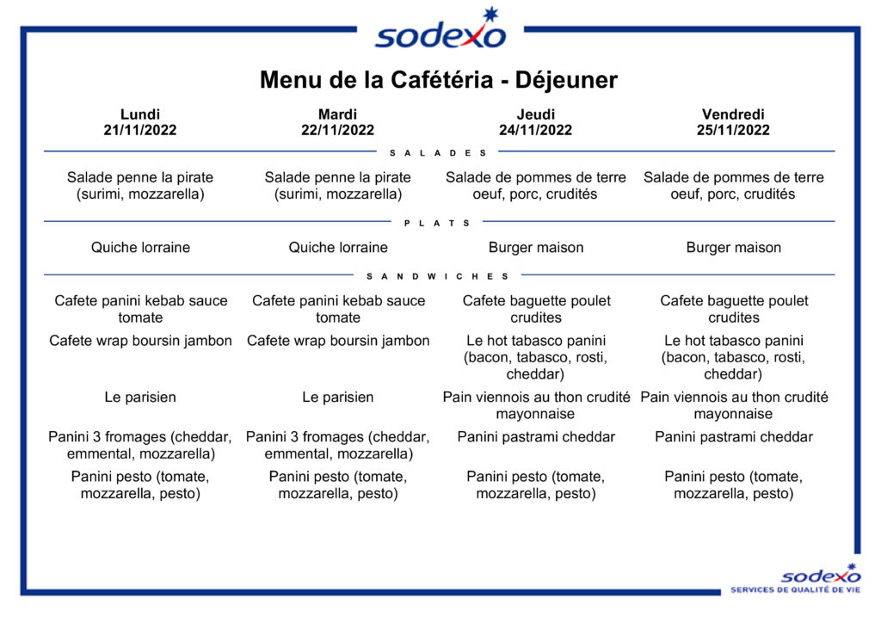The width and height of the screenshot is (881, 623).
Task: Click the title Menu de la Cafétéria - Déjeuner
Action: pos(438,80)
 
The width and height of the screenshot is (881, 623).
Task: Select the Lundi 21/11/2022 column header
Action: pos(140,122)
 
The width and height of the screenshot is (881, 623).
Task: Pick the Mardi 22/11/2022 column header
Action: pos(337,122)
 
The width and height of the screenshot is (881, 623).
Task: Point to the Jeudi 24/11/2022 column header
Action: pos(535,122)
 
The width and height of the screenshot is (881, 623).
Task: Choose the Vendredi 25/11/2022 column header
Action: pos(733,122)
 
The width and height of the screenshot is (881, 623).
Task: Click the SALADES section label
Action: pos(438,153)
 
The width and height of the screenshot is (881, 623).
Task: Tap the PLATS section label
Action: pos(437,223)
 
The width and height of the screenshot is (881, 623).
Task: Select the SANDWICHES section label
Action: pos(438,276)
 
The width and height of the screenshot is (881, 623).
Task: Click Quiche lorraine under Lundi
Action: pos(140,248)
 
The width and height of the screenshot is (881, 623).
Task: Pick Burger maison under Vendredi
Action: pos(734,248)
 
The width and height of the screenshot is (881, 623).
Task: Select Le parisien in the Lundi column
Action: pos(140,398)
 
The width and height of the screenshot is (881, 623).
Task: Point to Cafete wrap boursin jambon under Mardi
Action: pos(338,341)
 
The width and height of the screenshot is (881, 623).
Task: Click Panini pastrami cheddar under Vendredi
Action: pos(734,437)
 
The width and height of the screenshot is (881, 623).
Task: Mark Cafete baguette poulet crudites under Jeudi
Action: pos(536,309)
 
